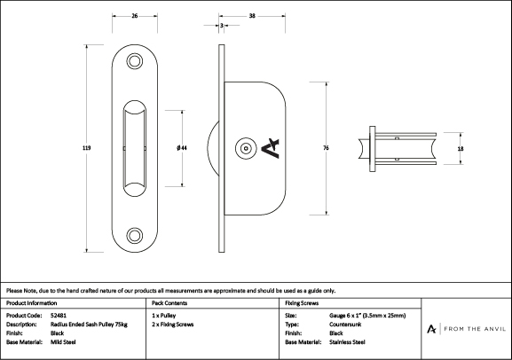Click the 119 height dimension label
click(87, 148)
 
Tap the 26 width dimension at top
click(135, 16)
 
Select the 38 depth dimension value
click(252, 16)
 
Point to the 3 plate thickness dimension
click(222, 25)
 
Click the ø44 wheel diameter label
click(182, 148)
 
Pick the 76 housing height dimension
click(326, 148)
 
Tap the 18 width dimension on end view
click(461, 149)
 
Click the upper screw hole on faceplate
click(135, 61)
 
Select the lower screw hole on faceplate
click(135, 235)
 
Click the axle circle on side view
click(246, 148)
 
